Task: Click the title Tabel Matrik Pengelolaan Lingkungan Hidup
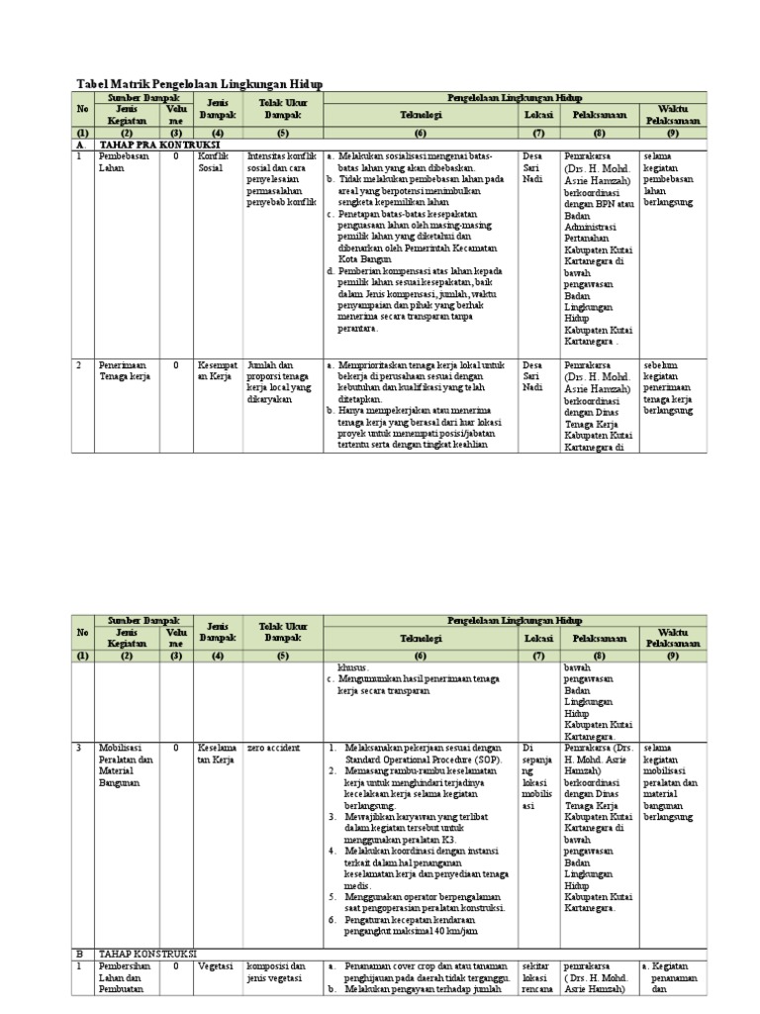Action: click(199, 84)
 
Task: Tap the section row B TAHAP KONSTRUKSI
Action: click(148, 953)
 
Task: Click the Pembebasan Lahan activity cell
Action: click(120, 162)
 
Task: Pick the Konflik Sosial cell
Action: click(214, 162)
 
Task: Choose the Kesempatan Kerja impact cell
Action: click(218, 370)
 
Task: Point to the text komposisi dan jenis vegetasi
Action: click(276, 971)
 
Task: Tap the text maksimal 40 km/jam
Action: click(435, 932)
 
